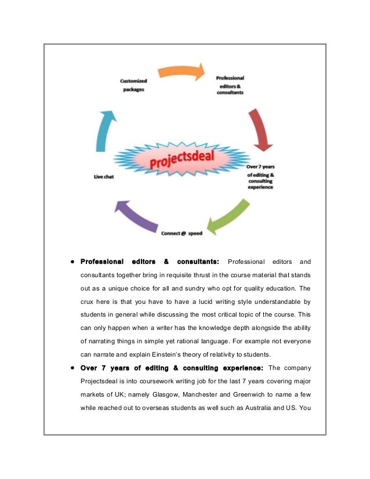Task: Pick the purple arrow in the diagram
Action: pyautogui.click(x=139, y=215)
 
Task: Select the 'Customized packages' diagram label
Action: pyautogui.click(x=134, y=86)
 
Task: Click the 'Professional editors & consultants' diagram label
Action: pyautogui.click(x=230, y=85)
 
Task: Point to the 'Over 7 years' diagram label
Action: pyautogui.click(x=260, y=167)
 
